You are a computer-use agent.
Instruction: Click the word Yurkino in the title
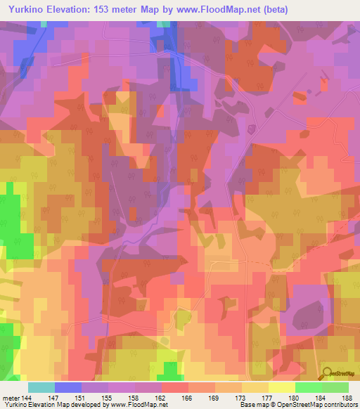tap(25, 8)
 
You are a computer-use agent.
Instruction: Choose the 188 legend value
tap(349, 397)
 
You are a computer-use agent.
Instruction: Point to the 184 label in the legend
tap(323, 397)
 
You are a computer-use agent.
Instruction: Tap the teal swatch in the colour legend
tap(41, 387)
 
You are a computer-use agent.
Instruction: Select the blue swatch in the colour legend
tap(68, 387)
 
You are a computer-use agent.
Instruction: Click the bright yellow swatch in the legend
tap(282, 387)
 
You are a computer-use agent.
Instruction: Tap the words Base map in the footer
tap(250, 405)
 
